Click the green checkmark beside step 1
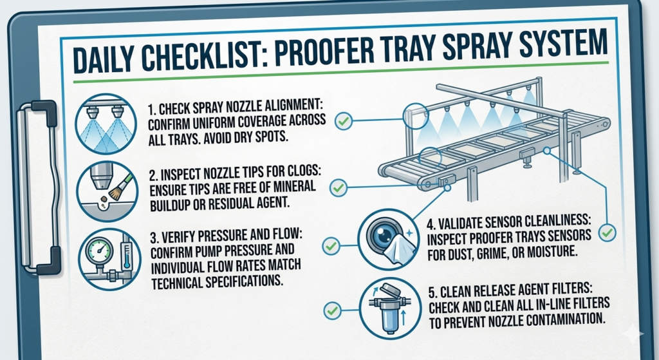pyautogui.click(x=344, y=121)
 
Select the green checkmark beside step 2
pyautogui.click(x=339, y=187)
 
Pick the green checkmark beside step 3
pyautogui.click(x=331, y=245)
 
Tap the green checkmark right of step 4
pyautogui.click(x=608, y=232)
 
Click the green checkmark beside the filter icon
pyautogui.click(x=332, y=310)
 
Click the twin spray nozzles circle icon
pyautogui.click(x=106, y=124)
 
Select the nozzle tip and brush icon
pyautogui.click(x=107, y=191)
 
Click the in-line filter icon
pyautogui.click(x=390, y=309)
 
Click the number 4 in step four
pyautogui.click(x=430, y=222)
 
